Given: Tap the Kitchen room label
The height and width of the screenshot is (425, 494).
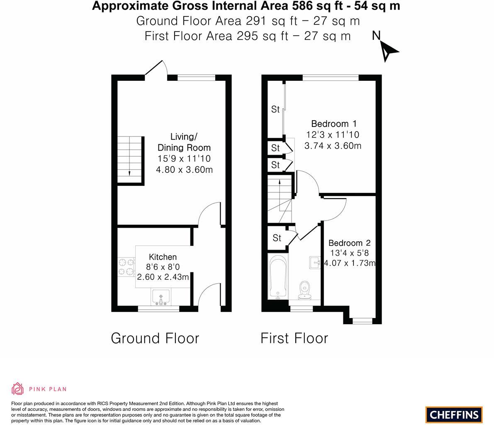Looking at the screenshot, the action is click(163, 257).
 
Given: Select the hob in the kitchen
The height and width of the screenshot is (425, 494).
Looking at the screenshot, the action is click(127, 267).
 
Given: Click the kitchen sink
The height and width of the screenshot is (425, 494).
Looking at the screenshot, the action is click(161, 297).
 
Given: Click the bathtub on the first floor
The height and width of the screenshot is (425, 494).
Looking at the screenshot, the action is click(277, 276).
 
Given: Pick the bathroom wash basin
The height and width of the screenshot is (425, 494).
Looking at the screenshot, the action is click(315, 262).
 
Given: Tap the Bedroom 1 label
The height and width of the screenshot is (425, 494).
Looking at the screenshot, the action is click(333, 124).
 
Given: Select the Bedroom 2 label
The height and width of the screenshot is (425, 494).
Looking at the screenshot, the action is click(349, 243).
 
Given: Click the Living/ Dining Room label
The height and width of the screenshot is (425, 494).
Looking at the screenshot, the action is click(184, 142).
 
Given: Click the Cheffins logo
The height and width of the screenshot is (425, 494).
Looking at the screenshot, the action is click(454, 414).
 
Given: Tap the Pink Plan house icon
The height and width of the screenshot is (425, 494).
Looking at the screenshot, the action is click(18, 389).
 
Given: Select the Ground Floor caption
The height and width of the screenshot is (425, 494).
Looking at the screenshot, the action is click(155, 338).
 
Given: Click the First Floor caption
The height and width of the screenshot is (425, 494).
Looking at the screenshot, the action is click(294, 338).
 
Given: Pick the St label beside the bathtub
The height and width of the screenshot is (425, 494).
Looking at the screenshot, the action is click(277, 238).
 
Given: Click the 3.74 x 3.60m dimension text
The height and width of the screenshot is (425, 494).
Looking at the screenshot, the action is click(333, 146).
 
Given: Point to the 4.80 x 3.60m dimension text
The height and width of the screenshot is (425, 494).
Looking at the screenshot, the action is click(184, 170).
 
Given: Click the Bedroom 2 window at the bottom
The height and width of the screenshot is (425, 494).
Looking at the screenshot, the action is click(363, 321).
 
